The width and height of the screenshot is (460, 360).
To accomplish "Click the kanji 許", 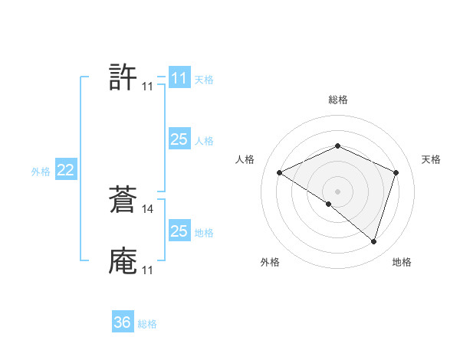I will tap(123, 77).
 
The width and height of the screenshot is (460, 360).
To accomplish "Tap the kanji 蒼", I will tap(123, 199).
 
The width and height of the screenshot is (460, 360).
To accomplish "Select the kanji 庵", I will tap(123, 260).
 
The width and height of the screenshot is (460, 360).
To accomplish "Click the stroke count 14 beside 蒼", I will tap(148, 208).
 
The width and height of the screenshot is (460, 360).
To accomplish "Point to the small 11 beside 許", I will tap(147, 87).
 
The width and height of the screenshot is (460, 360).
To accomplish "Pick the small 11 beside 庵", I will tap(147, 270).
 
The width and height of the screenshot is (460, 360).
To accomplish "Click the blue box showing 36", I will tap(123, 322).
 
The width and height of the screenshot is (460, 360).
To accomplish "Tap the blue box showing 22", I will tap(65, 170).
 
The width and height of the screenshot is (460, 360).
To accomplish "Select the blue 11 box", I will tap(179, 78).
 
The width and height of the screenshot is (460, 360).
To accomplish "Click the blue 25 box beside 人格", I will tap(179, 139).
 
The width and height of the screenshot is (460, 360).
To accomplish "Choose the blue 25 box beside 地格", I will tap(179, 231).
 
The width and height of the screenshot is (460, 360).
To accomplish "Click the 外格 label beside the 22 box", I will tap(41, 172).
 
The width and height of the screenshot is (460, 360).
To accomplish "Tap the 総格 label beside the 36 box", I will tap(147, 324).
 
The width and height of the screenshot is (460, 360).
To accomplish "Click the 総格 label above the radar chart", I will tap(338, 100).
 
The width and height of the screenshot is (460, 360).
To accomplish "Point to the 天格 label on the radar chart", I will tap(431, 159).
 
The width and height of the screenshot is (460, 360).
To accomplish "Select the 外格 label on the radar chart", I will tap(270, 262).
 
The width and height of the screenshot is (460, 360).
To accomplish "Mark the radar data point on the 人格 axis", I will tap(280, 173).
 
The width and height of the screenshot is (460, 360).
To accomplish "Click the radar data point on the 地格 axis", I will tap(373, 241).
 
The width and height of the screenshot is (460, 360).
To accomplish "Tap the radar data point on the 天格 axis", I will tap(396, 172).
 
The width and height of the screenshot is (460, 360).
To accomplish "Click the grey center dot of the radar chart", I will tap(338, 191).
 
